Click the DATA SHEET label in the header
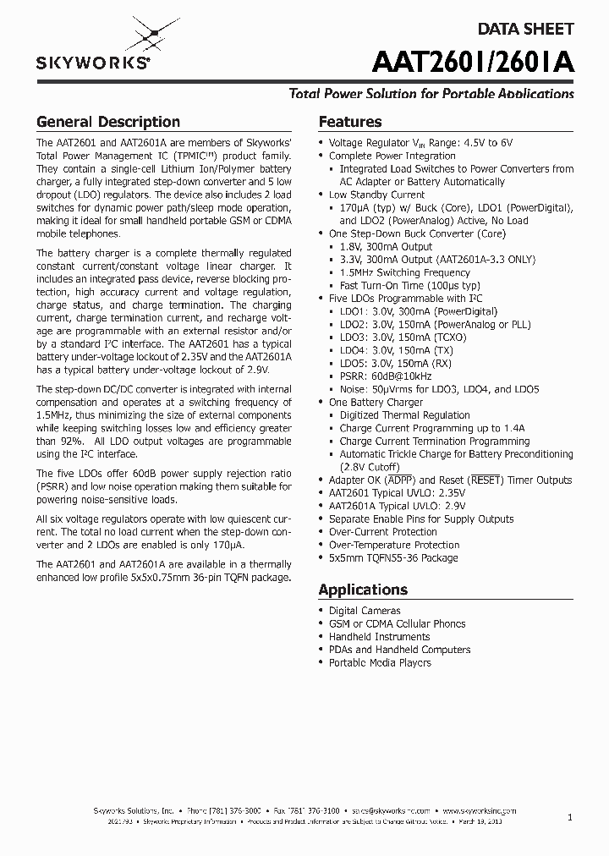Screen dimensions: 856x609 [526, 29]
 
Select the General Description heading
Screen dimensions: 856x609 [107, 122]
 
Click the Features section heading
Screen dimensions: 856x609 [349, 122]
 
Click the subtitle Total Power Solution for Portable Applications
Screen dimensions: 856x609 [431, 94]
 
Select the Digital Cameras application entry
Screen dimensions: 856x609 [365, 611]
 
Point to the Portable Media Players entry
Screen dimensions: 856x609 [380, 662]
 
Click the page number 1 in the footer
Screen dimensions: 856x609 [570, 817]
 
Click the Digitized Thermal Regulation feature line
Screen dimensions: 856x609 [404, 415]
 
